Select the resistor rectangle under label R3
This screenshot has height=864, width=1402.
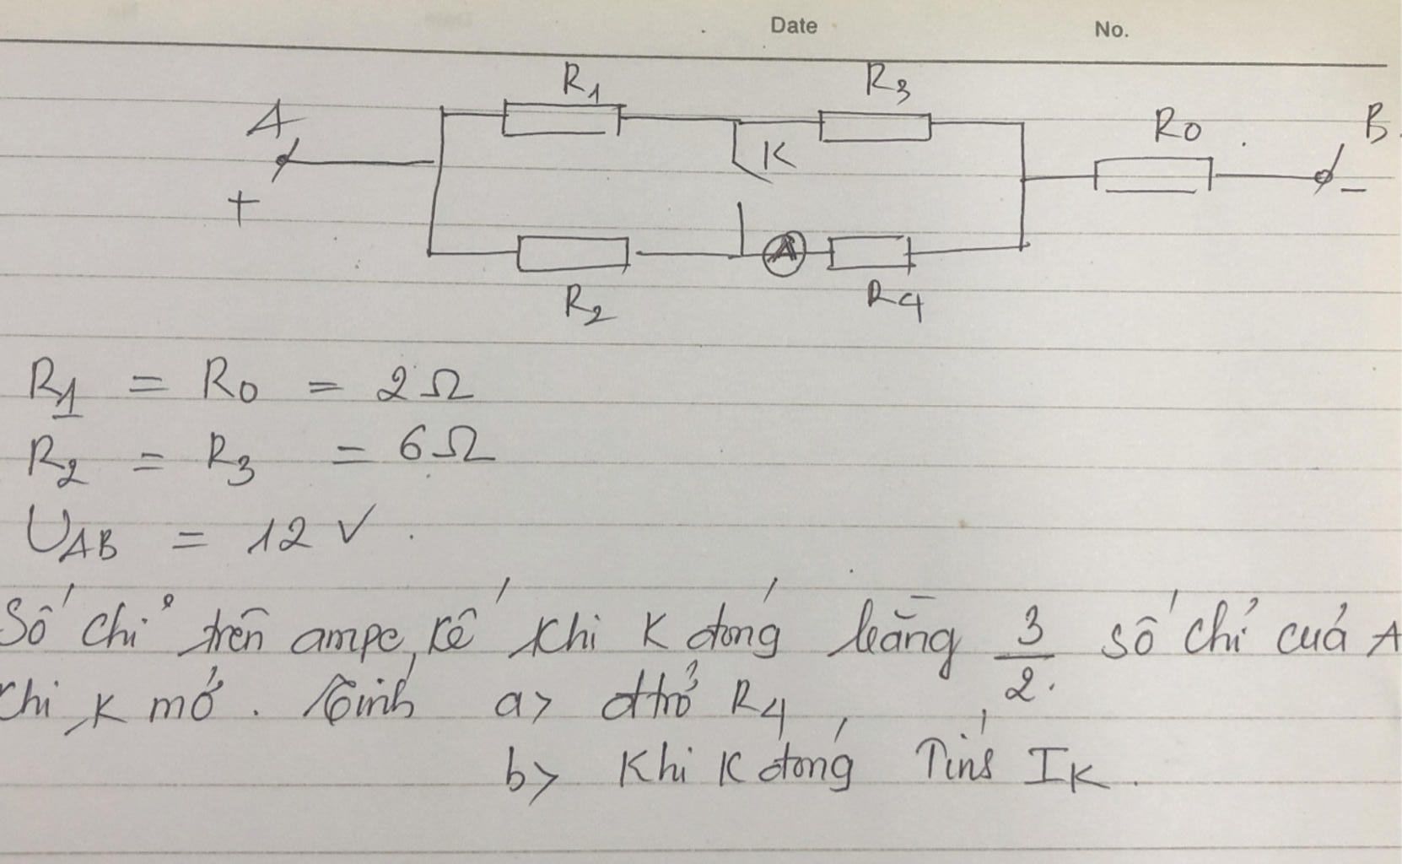click(x=876, y=127)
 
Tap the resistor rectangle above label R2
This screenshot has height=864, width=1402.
click(x=573, y=254)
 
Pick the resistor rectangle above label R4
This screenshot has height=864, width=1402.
click(x=869, y=253)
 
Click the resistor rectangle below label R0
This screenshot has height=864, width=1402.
click(x=1152, y=176)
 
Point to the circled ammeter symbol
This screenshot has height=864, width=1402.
click(x=784, y=252)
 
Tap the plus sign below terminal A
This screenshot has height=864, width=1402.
click(x=241, y=208)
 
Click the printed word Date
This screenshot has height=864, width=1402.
click(x=793, y=25)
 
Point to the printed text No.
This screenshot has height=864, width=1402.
click(x=1110, y=30)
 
